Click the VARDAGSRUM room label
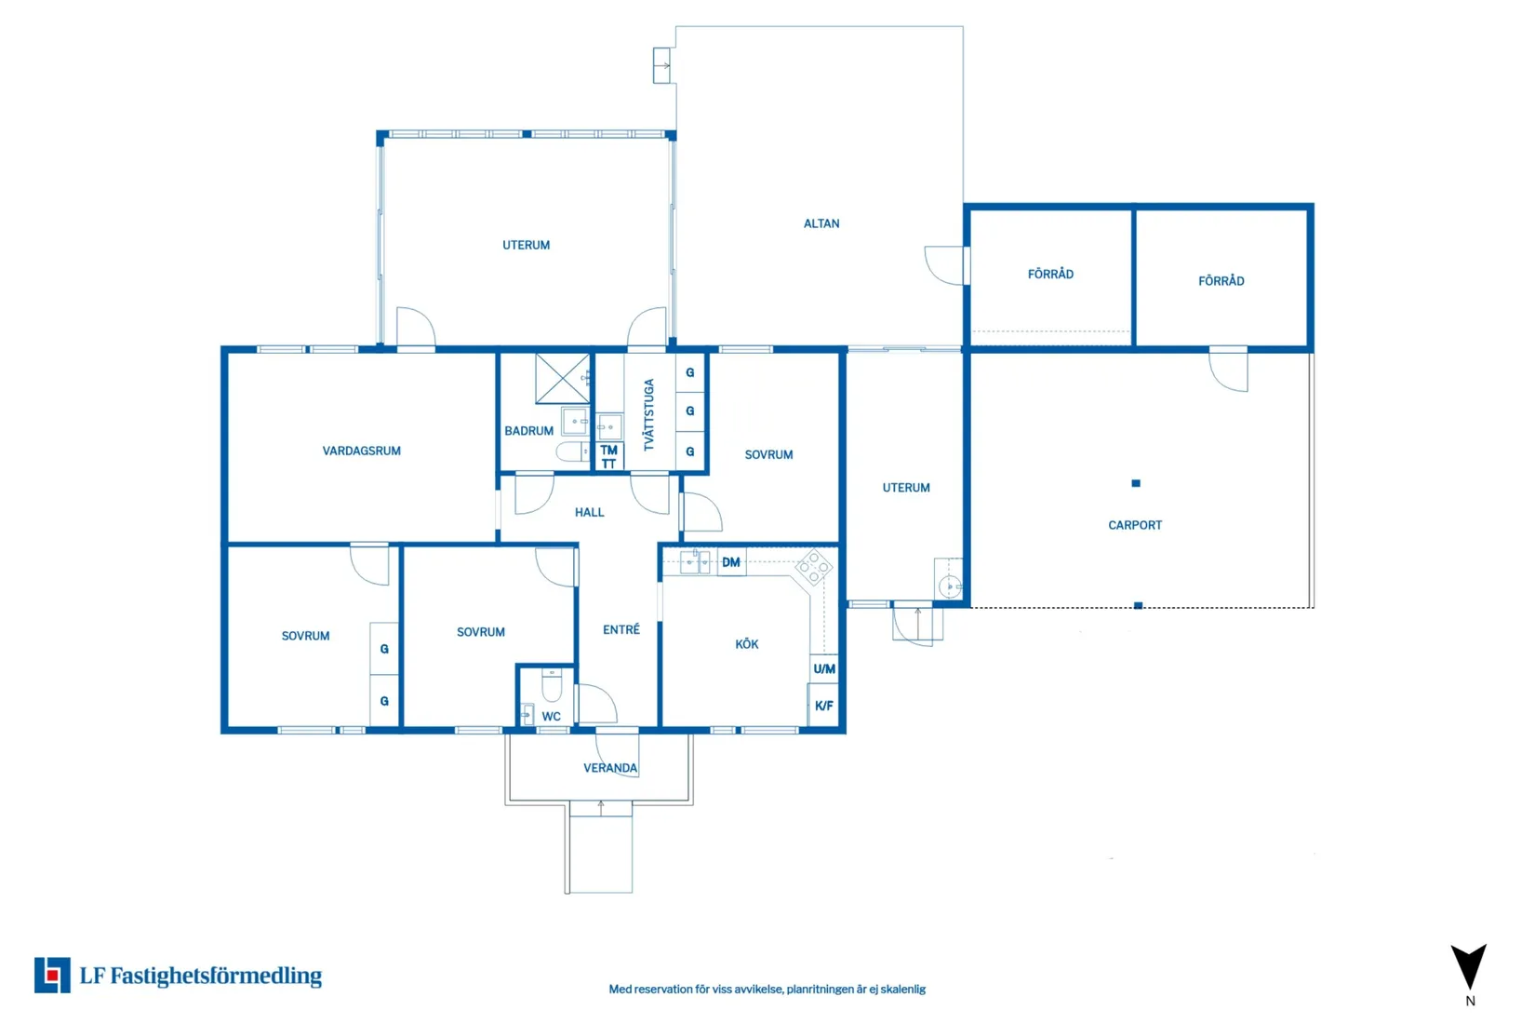tap(361, 451)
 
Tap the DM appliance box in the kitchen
tap(731, 562)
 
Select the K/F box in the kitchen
tap(823, 706)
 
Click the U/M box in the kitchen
tap(823, 668)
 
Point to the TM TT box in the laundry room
tap(608, 457)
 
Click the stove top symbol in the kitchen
tap(814, 567)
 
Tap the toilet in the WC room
tap(552, 686)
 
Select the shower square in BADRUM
tap(562, 378)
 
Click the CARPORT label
tap(1134, 525)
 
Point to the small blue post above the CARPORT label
tap(1135, 483)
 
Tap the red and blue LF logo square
tap(52, 975)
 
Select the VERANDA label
tap(610, 768)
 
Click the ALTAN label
tap(821, 223)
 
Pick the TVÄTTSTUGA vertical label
tap(649, 414)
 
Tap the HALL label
tap(589, 512)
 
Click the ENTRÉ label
tap(621, 630)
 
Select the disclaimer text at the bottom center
tap(767, 989)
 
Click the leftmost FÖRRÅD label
tap(1050, 274)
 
